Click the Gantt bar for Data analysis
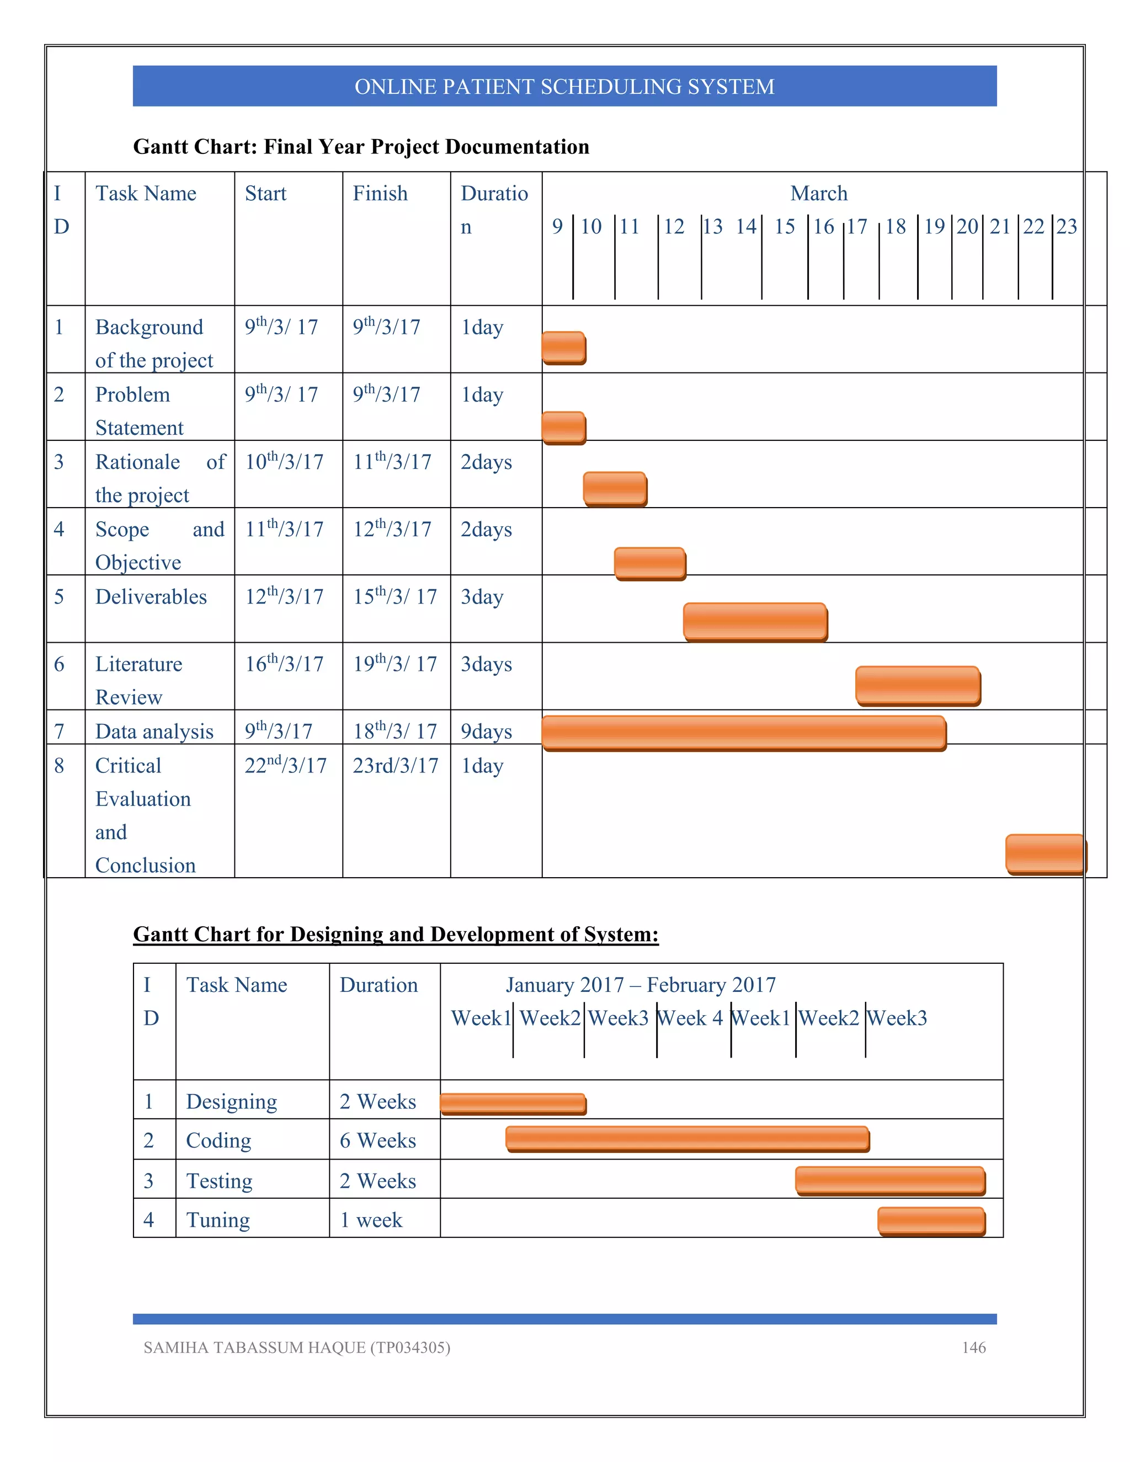[x=743, y=733]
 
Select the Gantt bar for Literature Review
[x=918, y=685]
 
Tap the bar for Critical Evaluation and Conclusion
[x=1045, y=853]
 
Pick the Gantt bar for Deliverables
[x=755, y=622]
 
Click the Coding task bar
[x=687, y=1139]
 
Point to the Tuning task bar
[x=931, y=1221]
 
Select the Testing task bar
[x=891, y=1181]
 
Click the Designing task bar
[x=513, y=1104]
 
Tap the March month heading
[x=819, y=194]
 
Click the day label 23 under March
[x=1067, y=227]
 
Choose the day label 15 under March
[x=785, y=227]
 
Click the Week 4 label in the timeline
[x=690, y=1018]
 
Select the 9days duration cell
[x=486, y=732]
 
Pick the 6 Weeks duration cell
[x=377, y=1140]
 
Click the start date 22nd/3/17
[x=286, y=765]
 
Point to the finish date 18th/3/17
[x=395, y=730]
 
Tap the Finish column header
[x=380, y=194]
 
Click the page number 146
[x=973, y=1348]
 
